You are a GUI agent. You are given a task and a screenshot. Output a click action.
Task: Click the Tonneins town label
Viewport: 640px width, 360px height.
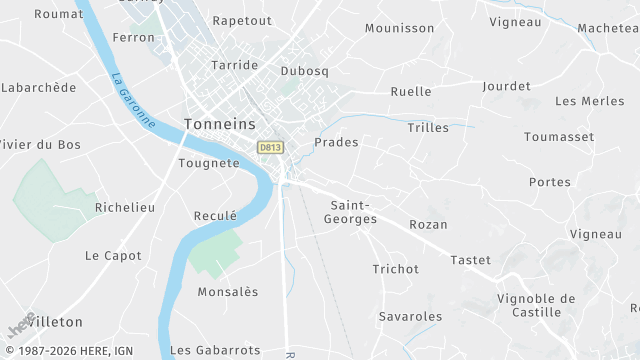(220, 124)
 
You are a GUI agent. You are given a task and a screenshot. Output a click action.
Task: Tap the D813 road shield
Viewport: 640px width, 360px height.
(270, 147)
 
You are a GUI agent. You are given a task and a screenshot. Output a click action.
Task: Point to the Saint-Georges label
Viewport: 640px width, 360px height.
(353, 211)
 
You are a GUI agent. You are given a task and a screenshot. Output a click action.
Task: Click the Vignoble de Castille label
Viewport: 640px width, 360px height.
(536, 305)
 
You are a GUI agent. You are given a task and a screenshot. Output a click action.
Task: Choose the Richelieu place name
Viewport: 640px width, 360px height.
(124, 208)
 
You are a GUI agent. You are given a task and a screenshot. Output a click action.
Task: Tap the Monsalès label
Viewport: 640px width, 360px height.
(228, 292)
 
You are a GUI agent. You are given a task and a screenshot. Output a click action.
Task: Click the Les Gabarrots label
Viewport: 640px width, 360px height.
(215, 350)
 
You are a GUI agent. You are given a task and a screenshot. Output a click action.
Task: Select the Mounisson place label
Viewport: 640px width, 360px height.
(400, 29)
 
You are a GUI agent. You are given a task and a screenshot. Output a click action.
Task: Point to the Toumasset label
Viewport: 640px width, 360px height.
(559, 137)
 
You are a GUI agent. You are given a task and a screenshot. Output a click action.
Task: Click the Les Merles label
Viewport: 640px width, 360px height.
(589, 101)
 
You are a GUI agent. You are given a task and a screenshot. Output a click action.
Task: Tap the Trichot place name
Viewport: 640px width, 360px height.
(395, 269)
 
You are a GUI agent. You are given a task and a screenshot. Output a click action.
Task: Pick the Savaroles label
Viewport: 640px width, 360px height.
(410, 317)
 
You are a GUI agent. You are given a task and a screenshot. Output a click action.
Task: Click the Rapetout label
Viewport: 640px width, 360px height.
(242, 20)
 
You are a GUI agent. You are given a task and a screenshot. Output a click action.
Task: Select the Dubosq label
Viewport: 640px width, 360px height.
(305, 72)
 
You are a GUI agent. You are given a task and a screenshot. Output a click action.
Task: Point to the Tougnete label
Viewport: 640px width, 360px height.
(209, 163)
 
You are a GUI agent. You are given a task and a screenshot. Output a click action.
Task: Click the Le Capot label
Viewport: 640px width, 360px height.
(113, 255)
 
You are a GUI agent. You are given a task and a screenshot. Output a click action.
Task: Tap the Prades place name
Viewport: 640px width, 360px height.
(336, 143)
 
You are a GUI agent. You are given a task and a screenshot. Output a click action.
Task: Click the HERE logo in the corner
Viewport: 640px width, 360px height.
(22, 326)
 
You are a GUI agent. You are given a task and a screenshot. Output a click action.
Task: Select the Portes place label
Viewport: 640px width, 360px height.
(550, 182)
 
